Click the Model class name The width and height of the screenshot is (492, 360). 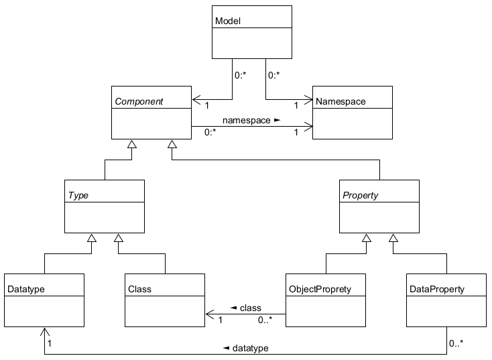(228, 21)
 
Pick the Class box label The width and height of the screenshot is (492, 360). (139, 290)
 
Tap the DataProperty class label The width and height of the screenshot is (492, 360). (436, 290)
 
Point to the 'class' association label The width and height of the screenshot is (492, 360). (245, 307)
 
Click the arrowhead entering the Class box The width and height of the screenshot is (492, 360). (208, 313)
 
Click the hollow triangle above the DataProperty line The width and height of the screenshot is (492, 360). (393, 237)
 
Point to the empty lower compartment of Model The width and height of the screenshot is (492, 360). (252, 43)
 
